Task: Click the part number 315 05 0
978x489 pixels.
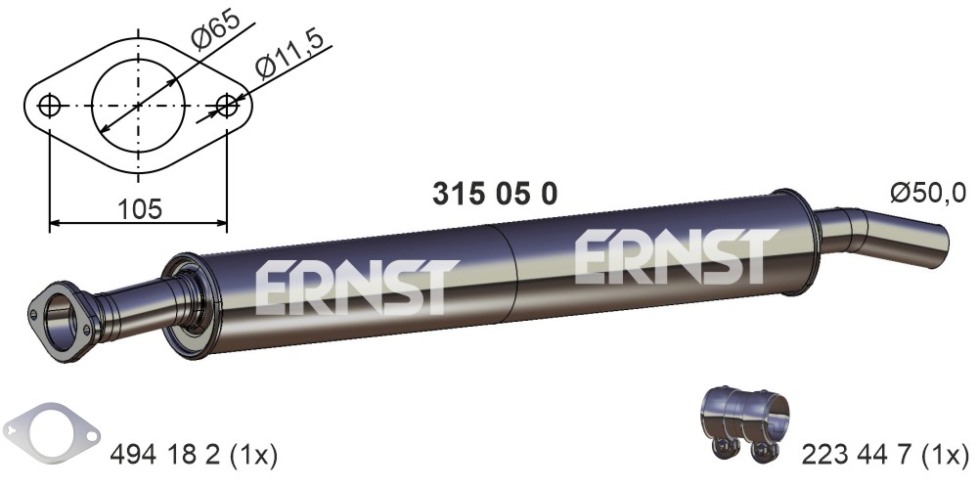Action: [x=495, y=194]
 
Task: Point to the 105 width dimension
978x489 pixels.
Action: [x=139, y=208]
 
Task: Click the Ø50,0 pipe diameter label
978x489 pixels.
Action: [x=928, y=194]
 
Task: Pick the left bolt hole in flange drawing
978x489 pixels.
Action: [x=49, y=106]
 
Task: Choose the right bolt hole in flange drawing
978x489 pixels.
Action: [x=227, y=106]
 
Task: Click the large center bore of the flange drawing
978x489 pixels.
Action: [x=139, y=106]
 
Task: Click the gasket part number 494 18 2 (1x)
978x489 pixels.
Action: [x=194, y=456]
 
